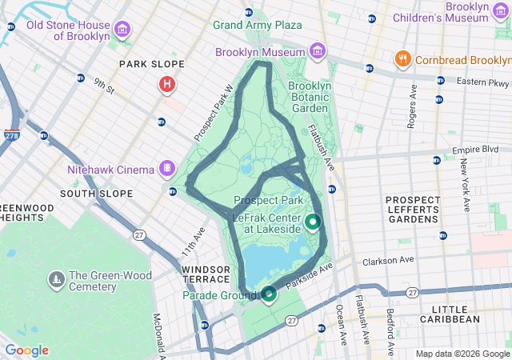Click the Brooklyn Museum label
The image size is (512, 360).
tap(261, 52)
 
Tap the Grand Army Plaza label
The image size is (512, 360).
tap(257, 25)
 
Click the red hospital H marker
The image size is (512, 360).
tap(167, 84)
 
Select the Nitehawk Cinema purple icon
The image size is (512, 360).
tap(166, 168)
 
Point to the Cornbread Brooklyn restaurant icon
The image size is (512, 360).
tap(402, 59)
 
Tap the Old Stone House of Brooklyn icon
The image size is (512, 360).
tap(122, 30)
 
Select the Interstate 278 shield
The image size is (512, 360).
tap(12, 135)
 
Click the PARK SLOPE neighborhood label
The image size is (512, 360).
tap(151, 64)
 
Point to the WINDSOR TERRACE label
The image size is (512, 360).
tap(206, 274)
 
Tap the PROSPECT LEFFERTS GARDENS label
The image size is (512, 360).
tap(413, 210)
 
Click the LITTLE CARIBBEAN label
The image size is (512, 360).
tap(455, 314)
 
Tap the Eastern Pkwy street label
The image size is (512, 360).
tap(482, 82)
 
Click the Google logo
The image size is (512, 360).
tap(26, 350)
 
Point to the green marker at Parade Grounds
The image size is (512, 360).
tap(269, 294)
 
